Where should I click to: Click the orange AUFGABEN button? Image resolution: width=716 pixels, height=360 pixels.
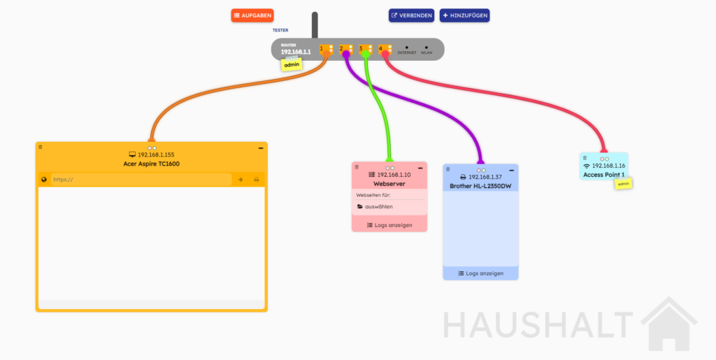pyautogui.click(x=252, y=15)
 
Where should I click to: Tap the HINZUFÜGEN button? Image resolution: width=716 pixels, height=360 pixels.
pyautogui.click(x=464, y=15)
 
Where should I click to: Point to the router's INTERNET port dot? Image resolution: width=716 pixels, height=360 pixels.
pyautogui.click(x=406, y=48)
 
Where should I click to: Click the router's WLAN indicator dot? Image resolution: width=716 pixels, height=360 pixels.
pyautogui.click(x=426, y=48)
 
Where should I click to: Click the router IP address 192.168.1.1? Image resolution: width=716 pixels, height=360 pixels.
pyautogui.click(x=296, y=52)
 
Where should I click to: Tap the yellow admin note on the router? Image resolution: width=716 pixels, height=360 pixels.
pyautogui.click(x=292, y=65)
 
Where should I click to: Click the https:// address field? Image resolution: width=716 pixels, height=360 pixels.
pyautogui.click(x=141, y=180)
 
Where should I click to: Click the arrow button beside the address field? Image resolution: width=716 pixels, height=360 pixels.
pyautogui.click(x=241, y=180)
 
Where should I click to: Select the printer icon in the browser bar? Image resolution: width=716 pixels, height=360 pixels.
pyautogui.click(x=256, y=180)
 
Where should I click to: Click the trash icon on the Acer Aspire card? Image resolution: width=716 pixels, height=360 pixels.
pyautogui.click(x=40, y=147)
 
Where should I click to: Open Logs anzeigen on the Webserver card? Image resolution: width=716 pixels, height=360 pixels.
pyautogui.click(x=389, y=225)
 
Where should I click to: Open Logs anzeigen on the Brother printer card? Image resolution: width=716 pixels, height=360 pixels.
pyautogui.click(x=481, y=273)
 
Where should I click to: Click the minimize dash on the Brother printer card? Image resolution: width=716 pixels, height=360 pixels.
pyautogui.click(x=512, y=170)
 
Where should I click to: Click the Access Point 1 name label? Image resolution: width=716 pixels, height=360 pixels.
pyautogui.click(x=603, y=175)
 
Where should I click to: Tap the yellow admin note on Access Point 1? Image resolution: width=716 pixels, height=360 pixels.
pyautogui.click(x=623, y=184)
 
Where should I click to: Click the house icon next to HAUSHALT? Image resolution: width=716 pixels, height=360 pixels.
pyautogui.click(x=669, y=324)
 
